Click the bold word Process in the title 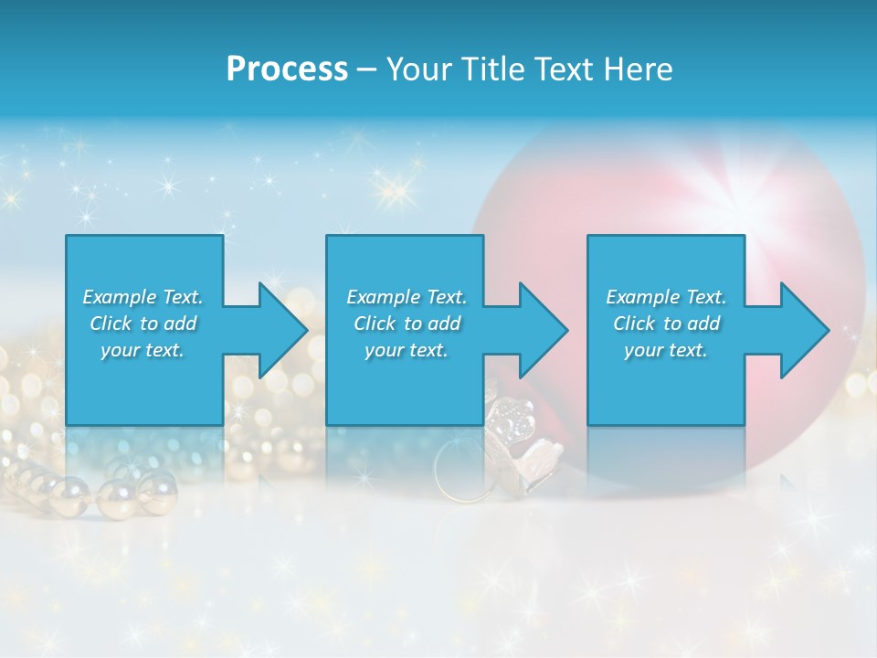[x=287, y=69]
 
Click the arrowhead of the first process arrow [x=283, y=330]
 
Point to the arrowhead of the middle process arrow [x=544, y=330]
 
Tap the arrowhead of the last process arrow [x=805, y=330]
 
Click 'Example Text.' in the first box [x=143, y=297]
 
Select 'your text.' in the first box [x=143, y=350]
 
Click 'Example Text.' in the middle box [x=407, y=297]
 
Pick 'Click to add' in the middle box [x=407, y=324]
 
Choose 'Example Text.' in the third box [x=666, y=297]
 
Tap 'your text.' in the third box [x=666, y=350]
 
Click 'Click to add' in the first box [x=143, y=324]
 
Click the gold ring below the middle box [x=457, y=472]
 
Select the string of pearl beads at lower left [x=100, y=489]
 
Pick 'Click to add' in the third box [x=666, y=324]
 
